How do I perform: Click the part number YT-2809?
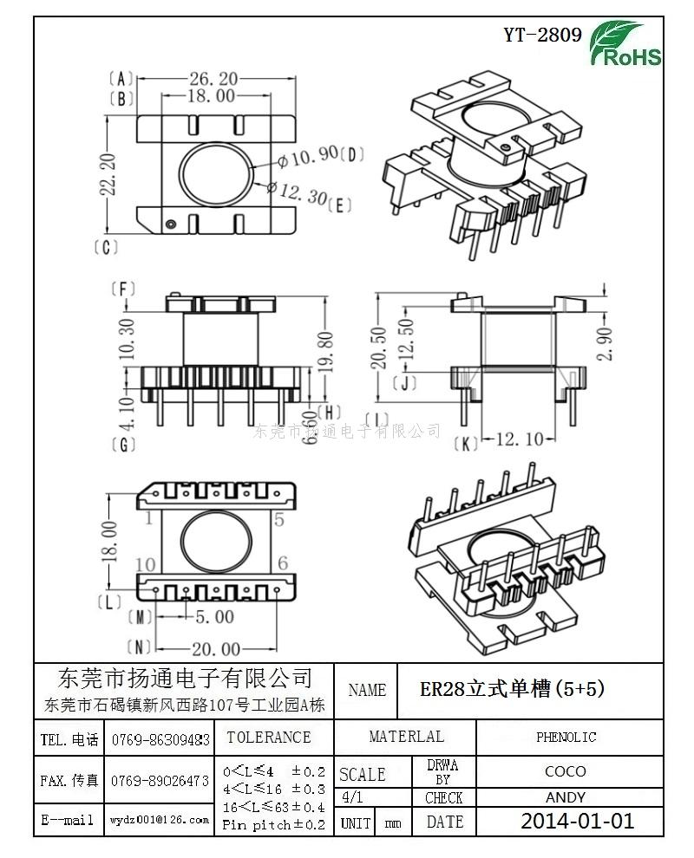[542, 36]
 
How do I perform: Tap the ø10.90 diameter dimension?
[308, 157]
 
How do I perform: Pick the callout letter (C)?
[105, 248]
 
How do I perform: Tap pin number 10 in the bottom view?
[146, 564]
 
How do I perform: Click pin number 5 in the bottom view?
[278, 520]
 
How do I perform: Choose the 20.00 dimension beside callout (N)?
[216, 648]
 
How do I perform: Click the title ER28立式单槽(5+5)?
[512, 689]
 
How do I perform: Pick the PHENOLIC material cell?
[566, 738]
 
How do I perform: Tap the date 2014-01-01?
[577, 821]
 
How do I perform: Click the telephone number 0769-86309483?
[160, 740]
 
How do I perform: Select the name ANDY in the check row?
[566, 797]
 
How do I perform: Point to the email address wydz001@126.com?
[160, 820]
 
